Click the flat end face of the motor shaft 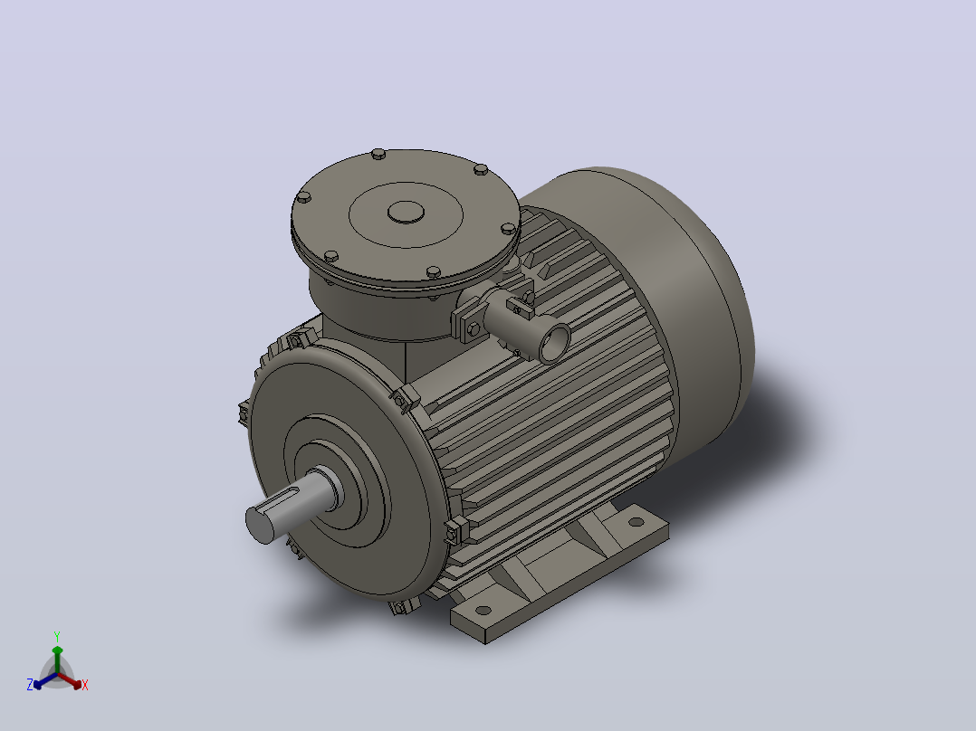260,525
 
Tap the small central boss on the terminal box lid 406,213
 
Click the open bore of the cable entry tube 555,344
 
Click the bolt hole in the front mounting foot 483,610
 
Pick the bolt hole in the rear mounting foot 636,522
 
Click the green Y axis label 57,636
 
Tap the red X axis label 85,685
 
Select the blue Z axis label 29,684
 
